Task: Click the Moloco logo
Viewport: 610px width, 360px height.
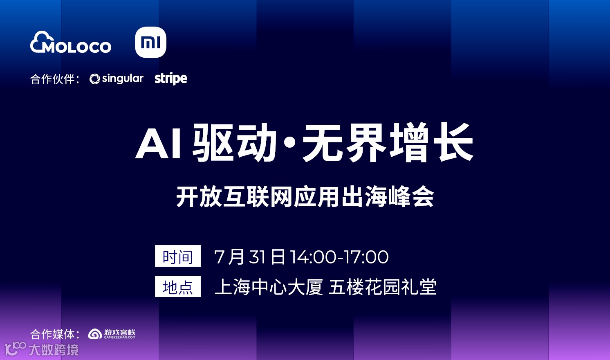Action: click(x=71, y=43)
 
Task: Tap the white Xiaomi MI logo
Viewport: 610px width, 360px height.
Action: click(x=150, y=42)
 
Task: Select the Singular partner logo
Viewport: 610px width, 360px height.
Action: click(x=117, y=79)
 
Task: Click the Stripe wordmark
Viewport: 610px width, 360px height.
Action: click(x=170, y=78)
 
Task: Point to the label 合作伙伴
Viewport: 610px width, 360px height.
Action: click(x=52, y=79)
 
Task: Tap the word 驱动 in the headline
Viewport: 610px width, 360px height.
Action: click(x=235, y=142)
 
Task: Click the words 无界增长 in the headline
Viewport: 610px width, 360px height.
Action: click(x=388, y=142)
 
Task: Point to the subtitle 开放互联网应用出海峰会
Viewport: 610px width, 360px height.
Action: click(x=305, y=197)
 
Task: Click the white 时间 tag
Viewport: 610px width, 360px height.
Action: click(x=178, y=256)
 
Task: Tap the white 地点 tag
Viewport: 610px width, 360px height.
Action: click(x=178, y=286)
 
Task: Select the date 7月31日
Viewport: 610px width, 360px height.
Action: click(x=249, y=257)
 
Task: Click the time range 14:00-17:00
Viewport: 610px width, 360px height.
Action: click(x=339, y=257)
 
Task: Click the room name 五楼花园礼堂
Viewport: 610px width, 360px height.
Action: click(x=382, y=287)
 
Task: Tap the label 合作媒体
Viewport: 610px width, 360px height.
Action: click(x=52, y=334)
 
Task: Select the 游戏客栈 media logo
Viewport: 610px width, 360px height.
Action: click(x=112, y=334)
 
